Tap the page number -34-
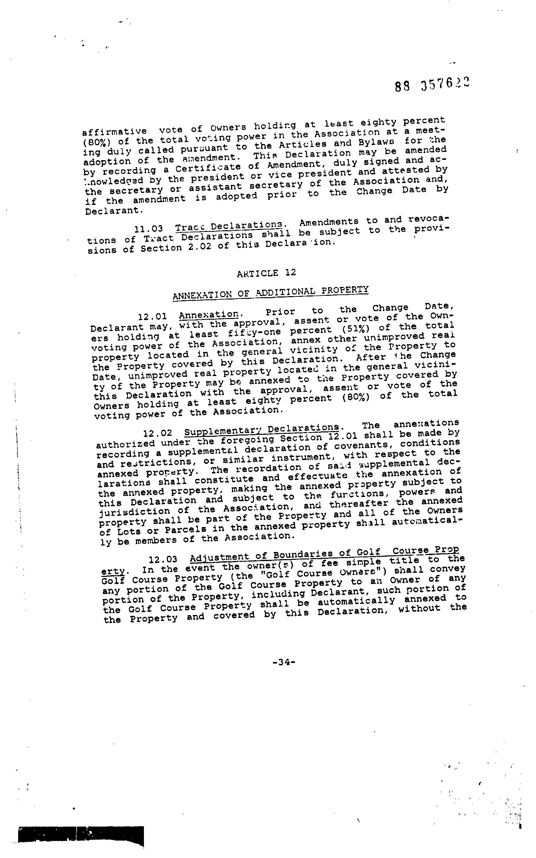pyautogui.click(x=284, y=662)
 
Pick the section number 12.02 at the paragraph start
pyautogui.click(x=158, y=433)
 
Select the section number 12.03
pyautogui.click(x=163, y=559)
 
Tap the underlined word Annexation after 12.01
pyautogui.click(x=209, y=315)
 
